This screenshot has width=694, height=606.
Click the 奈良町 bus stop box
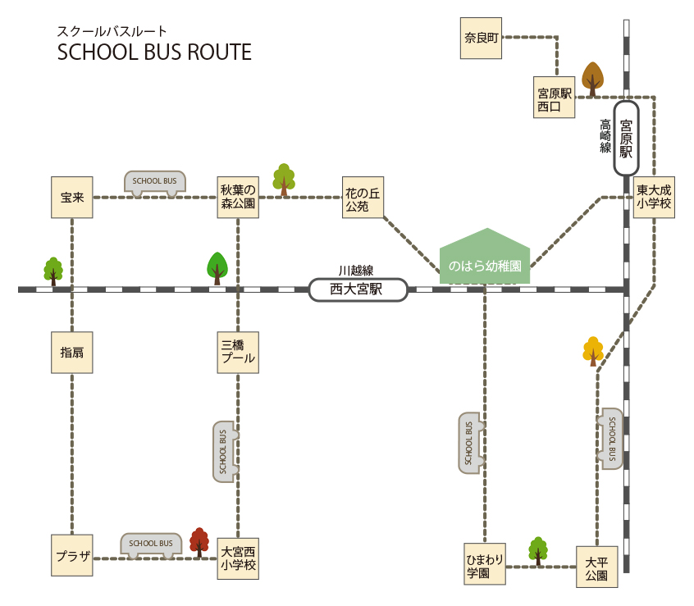point(481,38)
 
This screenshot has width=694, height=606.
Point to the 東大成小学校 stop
point(654,198)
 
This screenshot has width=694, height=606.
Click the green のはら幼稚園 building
point(485,260)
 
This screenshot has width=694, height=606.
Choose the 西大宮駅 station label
point(358,289)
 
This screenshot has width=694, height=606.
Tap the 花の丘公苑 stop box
point(363,198)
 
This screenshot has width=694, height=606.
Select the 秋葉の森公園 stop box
point(238,198)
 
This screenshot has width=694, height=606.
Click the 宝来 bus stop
point(72,198)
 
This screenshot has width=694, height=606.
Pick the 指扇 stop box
point(72,353)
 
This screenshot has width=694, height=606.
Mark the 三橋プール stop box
point(238,352)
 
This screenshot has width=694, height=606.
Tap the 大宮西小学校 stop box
point(238,558)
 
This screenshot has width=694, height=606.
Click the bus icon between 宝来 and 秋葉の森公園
point(155,182)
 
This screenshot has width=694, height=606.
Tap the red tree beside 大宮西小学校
point(199,542)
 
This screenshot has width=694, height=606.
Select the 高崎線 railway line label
point(605,136)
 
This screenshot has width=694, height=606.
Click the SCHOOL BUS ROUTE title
point(154,52)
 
